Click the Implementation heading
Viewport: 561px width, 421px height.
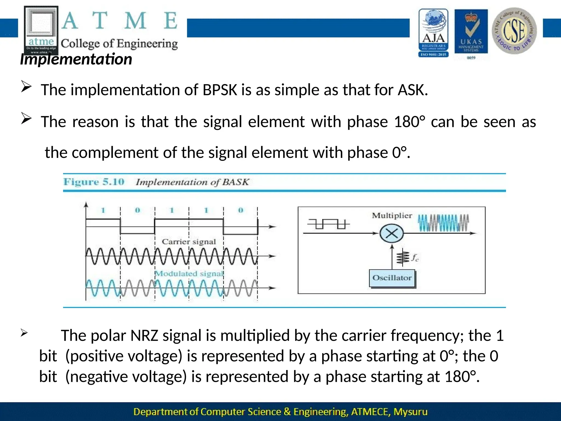coord(76,59)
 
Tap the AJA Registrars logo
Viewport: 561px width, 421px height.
coord(433,33)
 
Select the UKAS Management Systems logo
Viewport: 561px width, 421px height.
coord(471,33)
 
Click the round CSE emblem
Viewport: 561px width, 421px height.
coord(514,31)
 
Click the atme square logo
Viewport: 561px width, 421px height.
coord(41,30)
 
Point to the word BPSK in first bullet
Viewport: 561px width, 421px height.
coord(220,90)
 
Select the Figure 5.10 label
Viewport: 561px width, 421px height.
coord(94,182)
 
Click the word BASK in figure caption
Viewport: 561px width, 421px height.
coord(235,182)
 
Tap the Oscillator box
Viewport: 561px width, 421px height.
coord(392,278)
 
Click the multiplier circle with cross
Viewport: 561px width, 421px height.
coord(392,234)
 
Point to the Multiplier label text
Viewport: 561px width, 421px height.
coord(392,216)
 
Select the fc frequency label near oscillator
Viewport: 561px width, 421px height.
coord(415,258)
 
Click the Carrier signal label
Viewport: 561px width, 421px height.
coord(189,242)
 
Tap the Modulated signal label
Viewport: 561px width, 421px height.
coord(189,274)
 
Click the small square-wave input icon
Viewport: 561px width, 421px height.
coord(328,224)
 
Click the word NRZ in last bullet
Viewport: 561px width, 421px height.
coord(144,335)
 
